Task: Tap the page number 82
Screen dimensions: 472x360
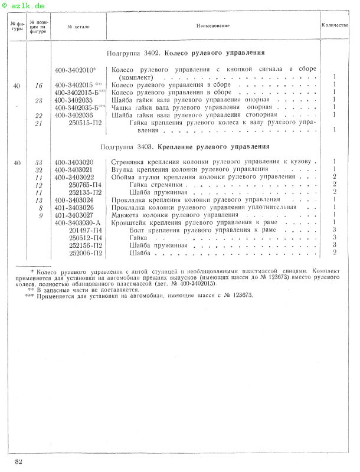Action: (x=19, y=461)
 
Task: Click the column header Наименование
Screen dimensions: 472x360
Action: (x=213, y=26)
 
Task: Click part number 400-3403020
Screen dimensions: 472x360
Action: (x=74, y=162)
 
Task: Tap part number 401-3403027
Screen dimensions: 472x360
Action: (x=74, y=215)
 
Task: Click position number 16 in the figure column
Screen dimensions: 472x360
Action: (x=39, y=86)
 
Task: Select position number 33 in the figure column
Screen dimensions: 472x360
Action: (x=39, y=162)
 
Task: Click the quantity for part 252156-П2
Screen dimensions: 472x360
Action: (x=334, y=245)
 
